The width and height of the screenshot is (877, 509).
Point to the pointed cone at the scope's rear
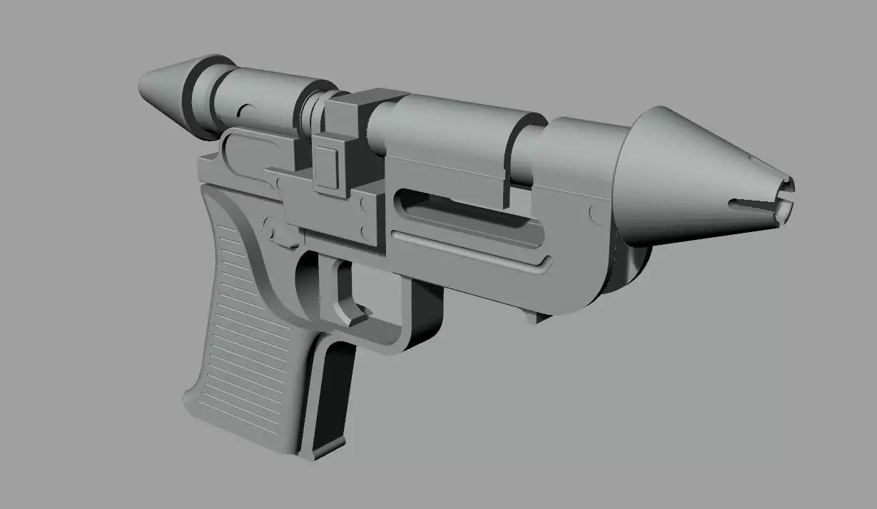pos(163,84)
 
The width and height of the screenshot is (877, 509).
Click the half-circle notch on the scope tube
pos(245,113)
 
